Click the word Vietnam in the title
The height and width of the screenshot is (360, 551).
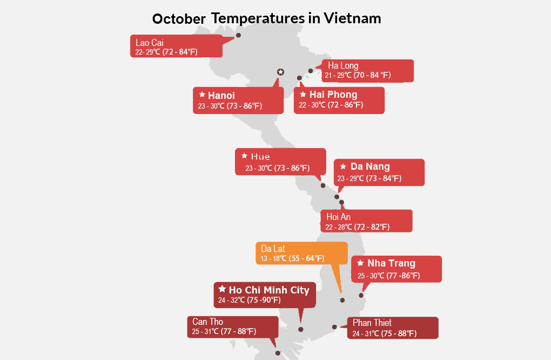pos(352,18)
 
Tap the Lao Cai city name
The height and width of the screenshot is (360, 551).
pos(149,43)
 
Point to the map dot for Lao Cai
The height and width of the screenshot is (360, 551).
pos(238,35)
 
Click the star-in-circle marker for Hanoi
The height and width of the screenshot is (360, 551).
pos(280,72)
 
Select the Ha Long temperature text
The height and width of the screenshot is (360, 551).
pos(358,75)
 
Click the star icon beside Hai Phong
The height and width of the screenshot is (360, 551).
pos(303,94)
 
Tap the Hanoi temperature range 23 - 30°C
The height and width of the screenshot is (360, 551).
pos(211,106)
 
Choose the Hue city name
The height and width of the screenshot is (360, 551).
pos(260,156)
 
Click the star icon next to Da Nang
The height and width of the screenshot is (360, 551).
pos(344,166)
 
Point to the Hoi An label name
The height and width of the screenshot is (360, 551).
pos(338,217)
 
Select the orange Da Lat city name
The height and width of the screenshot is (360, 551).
pos(273,249)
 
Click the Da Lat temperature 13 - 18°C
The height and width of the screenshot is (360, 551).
pos(274,258)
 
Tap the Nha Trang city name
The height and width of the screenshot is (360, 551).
pos(391,263)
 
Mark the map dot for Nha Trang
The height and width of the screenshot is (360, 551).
pos(361,295)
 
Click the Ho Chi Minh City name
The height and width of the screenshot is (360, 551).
pos(269,290)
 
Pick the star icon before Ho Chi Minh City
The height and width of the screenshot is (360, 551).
pos(222,289)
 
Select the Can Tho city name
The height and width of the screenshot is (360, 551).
pos(207,322)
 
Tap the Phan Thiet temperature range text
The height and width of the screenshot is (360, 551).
pos(385,334)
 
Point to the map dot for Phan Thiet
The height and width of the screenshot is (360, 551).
pos(334,327)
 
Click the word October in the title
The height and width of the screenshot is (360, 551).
pos(179,19)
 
